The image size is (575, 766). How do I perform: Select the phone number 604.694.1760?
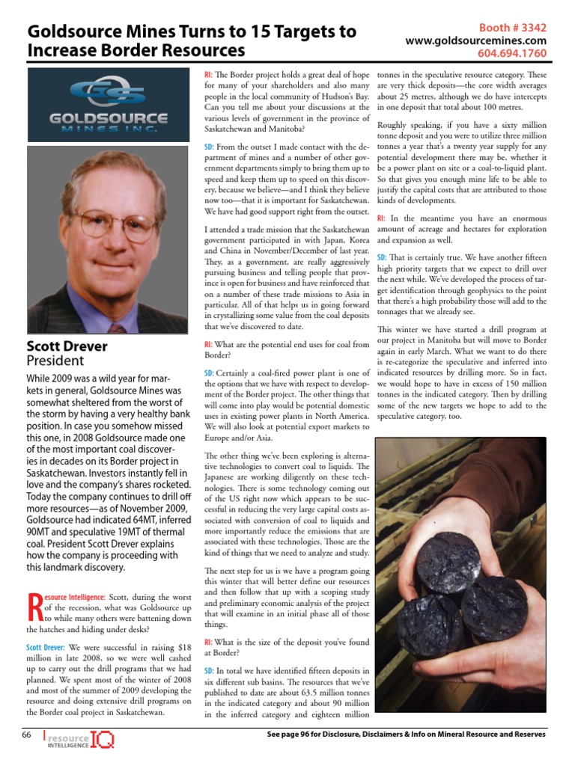click(512, 54)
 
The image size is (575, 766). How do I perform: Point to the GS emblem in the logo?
click(108, 94)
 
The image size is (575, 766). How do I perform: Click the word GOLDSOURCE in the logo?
click(108, 118)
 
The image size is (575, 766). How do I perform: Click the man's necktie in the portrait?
click(117, 327)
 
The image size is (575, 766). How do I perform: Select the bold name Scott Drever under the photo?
click(67, 346)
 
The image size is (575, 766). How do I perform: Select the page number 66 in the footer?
click(25, 735)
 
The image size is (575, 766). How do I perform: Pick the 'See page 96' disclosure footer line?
click(406, 735)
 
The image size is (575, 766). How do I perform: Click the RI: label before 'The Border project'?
click(209, 76)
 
